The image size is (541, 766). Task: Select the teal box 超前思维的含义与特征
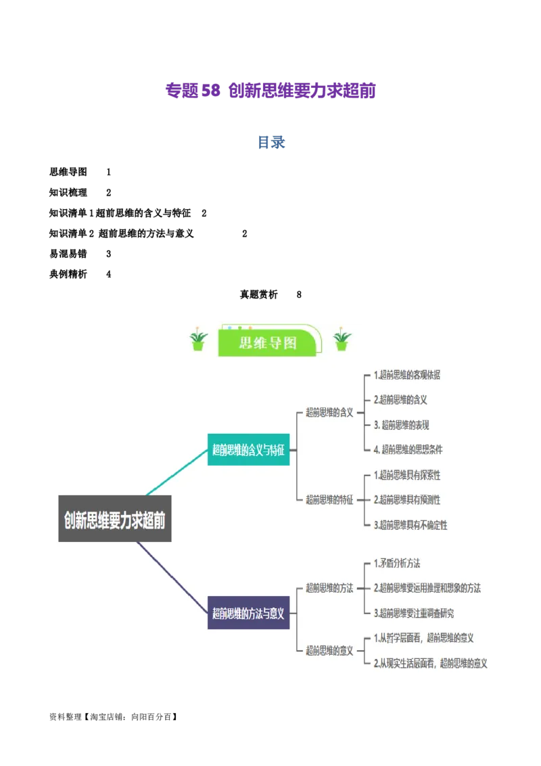(x=248, y=449)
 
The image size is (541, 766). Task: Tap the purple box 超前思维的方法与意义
(x=248, y=614)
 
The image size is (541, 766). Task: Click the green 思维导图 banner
(x=268, y=343)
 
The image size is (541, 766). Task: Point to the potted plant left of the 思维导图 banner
(x=198, y=340)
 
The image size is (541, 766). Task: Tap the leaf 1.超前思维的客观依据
(x=406, y=375)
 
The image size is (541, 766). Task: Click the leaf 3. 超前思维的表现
(x=401, y=425)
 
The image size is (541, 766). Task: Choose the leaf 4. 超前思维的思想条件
(x=408, y=449)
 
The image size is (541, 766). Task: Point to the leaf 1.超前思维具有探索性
(x=406, y=475)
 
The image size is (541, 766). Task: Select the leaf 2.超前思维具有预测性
(x=406, y=500)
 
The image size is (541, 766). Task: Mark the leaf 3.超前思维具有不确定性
(x=410, y=525)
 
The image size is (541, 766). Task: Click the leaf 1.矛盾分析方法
(x=397, y=563)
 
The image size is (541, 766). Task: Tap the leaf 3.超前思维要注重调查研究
(x=413, y=613)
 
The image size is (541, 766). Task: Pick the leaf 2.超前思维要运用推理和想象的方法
(x=427, y=588)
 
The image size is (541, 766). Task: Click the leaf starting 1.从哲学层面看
(x=423, y=638)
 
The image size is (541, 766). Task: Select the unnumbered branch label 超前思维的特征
(x=329, y=500)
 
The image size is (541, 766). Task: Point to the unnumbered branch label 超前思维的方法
(x=329, y=588)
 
